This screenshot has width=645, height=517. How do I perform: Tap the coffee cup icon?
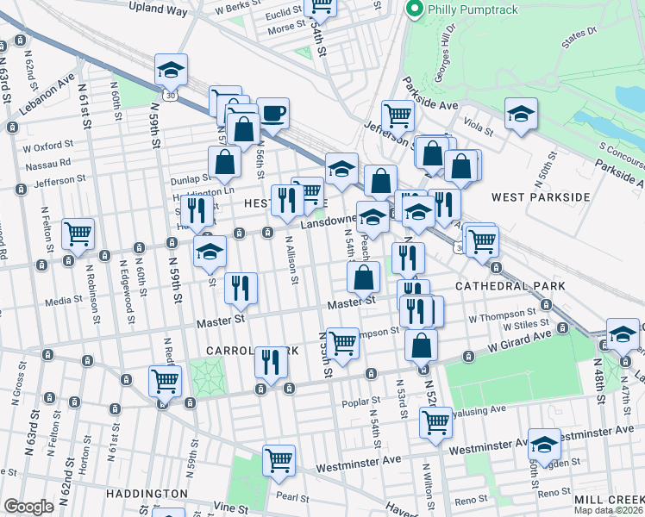click(x=272, y=114)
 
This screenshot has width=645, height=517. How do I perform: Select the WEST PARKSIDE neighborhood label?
click(x=540, y=197)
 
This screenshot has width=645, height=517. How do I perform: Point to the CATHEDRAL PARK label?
click(x=510, y=285)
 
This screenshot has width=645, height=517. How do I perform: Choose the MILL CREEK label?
click(x=612, y=500)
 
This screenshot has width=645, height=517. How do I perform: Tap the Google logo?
click(x=28, y=507)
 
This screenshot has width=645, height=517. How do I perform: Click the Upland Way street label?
click(x=158, y=7)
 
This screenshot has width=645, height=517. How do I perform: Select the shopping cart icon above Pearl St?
click(x=279, y=460)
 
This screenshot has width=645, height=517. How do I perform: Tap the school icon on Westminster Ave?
click(x=543, y=444)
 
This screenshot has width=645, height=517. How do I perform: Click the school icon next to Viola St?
click(x=521, y=115)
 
